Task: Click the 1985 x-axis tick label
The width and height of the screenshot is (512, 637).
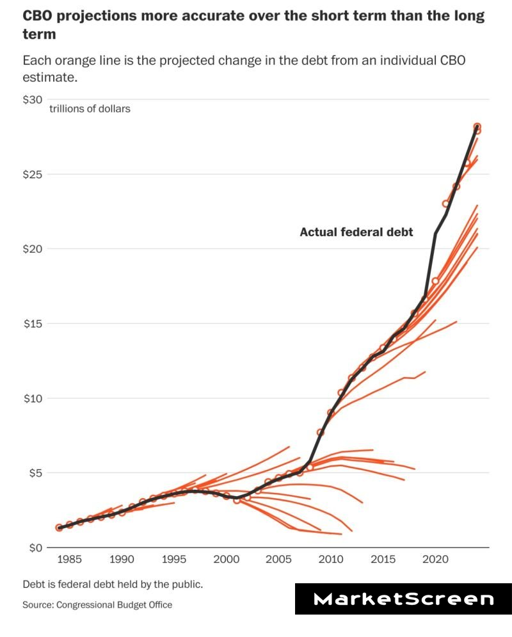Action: [x=70, y=559]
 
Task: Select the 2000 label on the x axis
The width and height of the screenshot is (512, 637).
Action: [x=226, y=559]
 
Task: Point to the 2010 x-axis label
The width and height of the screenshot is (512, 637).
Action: [x=330, y=559]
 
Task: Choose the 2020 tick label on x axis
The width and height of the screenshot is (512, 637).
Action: [x=435, y=559]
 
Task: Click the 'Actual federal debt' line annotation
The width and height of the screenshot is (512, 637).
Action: [x=356, y=232]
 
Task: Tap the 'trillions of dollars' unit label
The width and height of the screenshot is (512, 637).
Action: [x=90, y=109]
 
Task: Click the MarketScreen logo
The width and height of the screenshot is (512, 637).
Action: [x=403, y=599]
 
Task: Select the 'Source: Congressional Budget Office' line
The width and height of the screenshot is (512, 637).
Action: [x=97, y=604]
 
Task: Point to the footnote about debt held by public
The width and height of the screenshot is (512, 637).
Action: [x=113, y=585]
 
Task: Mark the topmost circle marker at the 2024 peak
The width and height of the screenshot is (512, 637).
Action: [x=477, y=127]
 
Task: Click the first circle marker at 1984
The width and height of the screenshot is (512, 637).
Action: [x=60, y=528]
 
